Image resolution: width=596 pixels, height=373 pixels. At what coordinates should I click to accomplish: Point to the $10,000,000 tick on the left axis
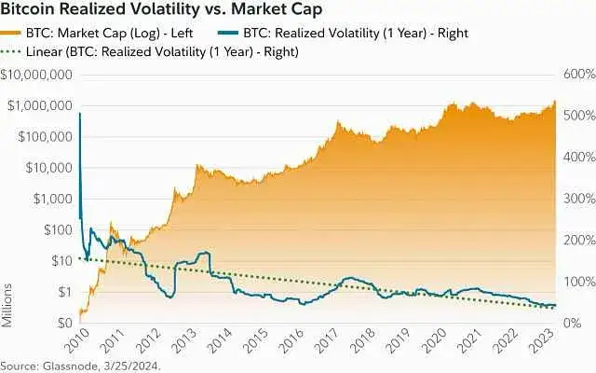click(37, 75)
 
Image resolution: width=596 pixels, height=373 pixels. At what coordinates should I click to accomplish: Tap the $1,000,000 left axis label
click(41, 105)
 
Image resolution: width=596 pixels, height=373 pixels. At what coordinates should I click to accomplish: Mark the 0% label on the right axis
click(571, 323)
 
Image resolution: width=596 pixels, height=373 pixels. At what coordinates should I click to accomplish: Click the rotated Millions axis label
click(7, 308)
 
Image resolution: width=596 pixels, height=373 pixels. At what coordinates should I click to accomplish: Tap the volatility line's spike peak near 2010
click(80, 114)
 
